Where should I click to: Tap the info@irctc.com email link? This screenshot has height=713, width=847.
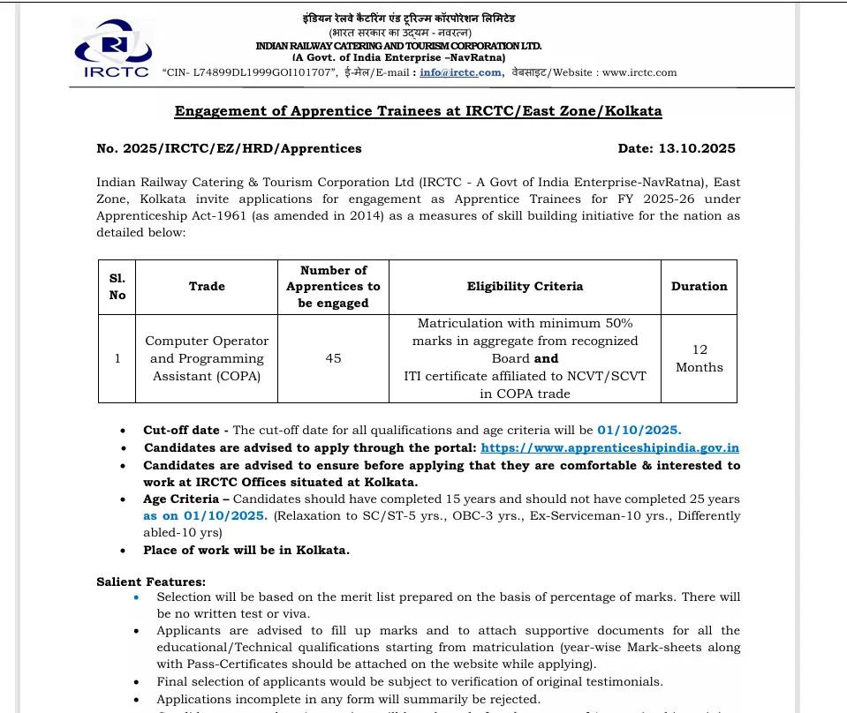460,72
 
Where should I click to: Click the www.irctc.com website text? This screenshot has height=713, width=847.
639,72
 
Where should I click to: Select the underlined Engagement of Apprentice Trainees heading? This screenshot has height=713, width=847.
418,111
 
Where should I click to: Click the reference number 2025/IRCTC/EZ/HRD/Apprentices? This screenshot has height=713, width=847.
229,149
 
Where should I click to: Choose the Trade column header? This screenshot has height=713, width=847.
207,286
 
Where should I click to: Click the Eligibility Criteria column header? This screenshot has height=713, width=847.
525,286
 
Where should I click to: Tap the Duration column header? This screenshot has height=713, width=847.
699,286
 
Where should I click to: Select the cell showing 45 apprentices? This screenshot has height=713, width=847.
333,358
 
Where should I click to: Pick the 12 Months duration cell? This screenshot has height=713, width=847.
699,358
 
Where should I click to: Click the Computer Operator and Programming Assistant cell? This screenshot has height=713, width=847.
207,358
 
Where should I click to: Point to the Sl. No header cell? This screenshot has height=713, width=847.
117,286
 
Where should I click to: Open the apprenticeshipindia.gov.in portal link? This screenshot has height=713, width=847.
609,448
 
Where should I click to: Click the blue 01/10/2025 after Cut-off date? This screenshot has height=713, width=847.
639,431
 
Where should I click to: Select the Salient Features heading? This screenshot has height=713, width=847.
150,582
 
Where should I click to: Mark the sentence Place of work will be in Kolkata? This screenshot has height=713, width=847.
246,551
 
